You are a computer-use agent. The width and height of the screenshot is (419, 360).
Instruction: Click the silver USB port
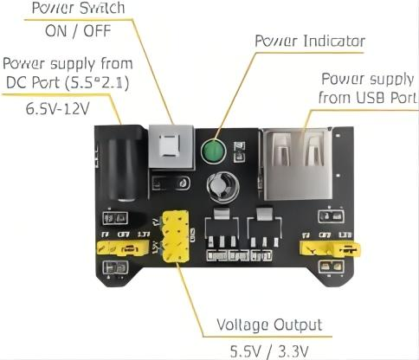tap(297, 160)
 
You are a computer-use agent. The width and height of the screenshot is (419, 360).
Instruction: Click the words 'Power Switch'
tap(79, 9)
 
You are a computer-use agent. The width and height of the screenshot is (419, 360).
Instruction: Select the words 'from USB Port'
tap(362, 97)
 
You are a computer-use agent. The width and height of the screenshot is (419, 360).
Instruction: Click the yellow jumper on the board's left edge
tap(120, 249)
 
